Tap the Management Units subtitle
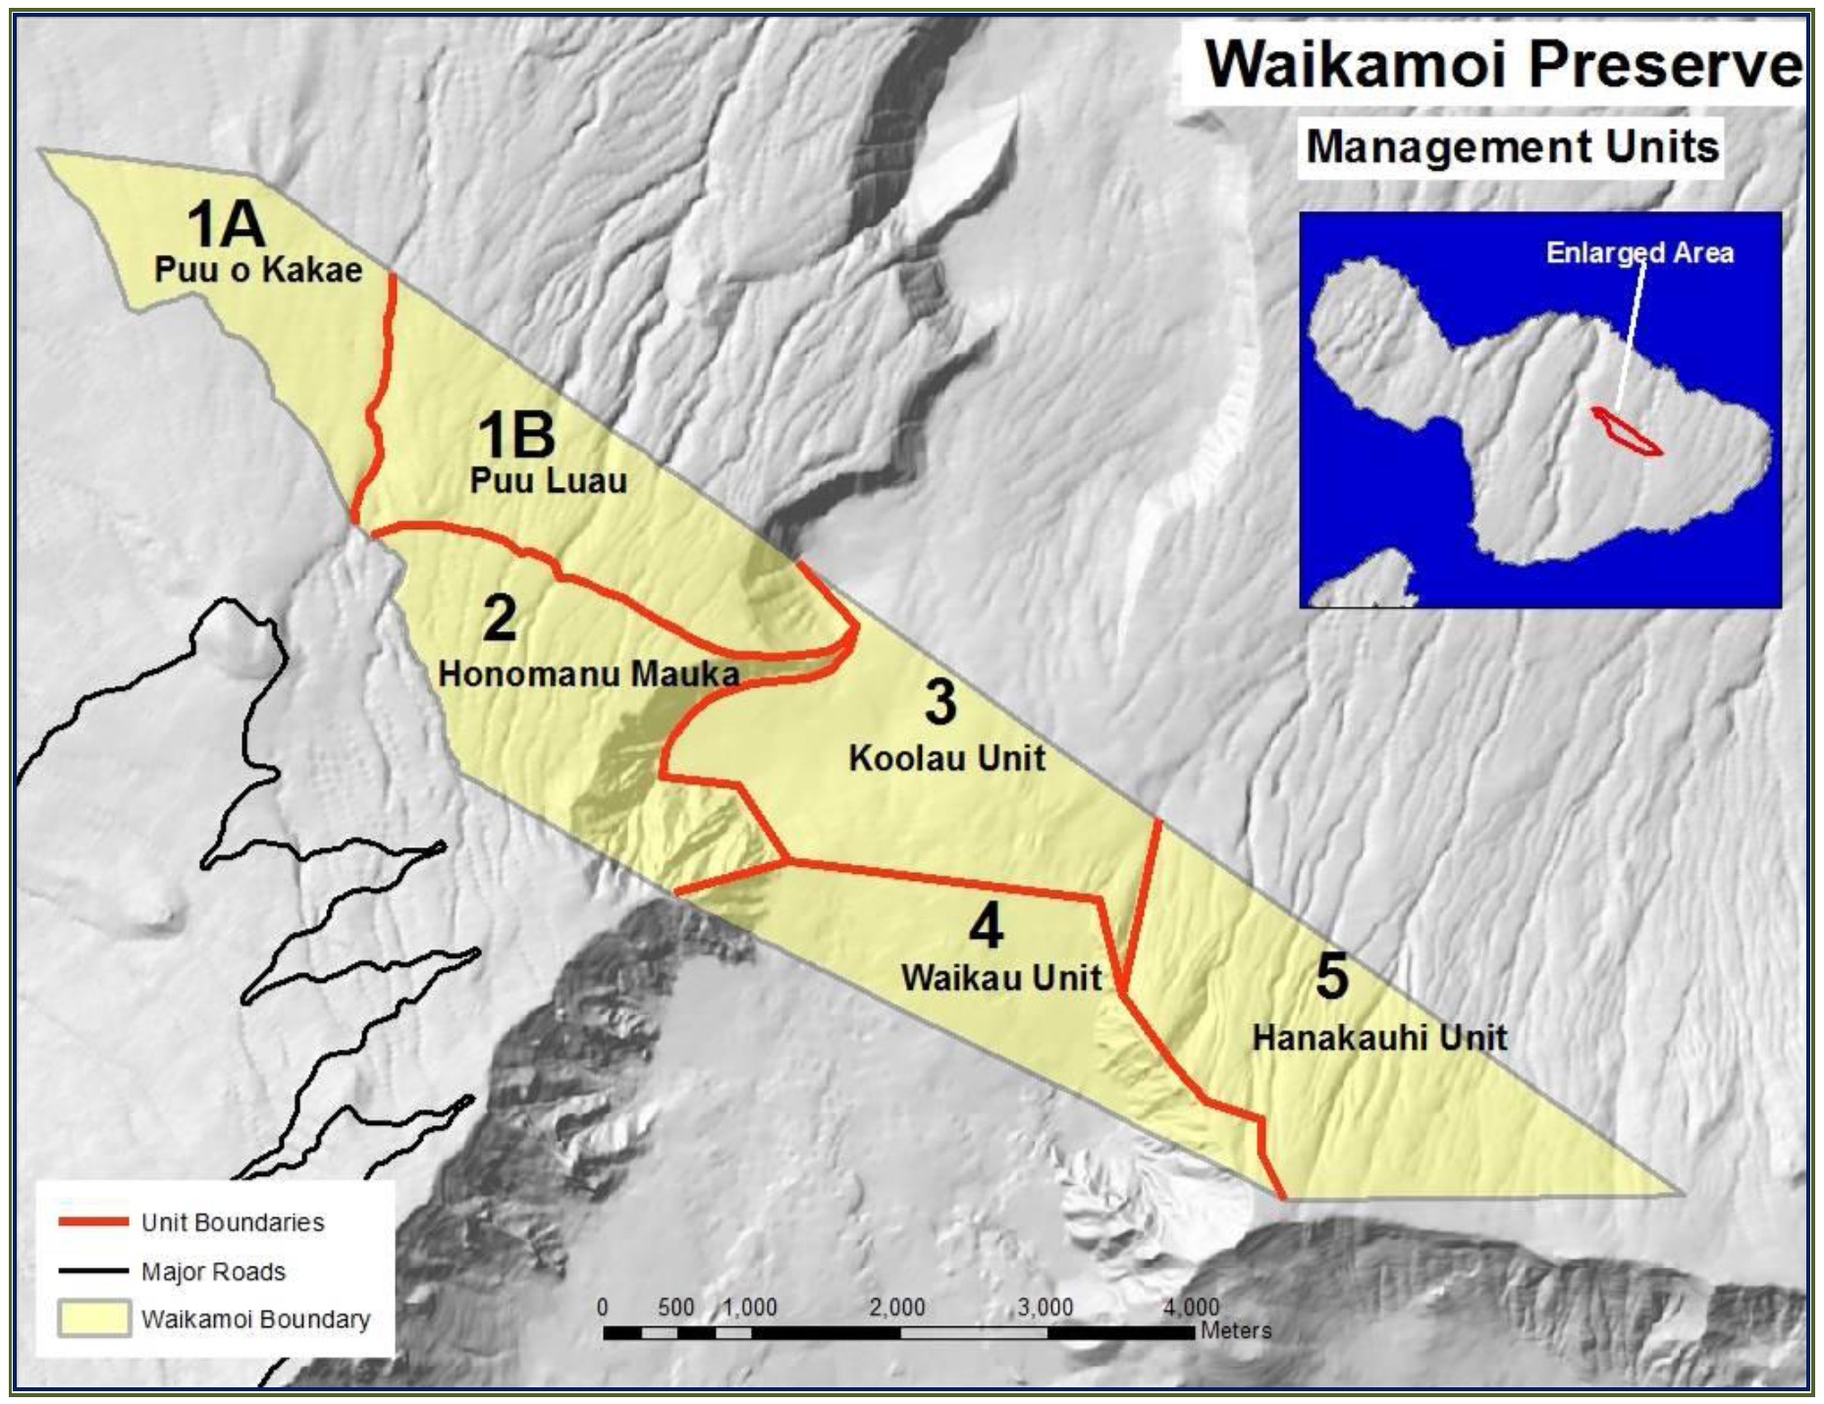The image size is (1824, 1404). [1512, 147]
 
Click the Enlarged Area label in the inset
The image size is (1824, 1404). [1639, 253]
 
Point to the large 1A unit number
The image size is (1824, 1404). [226, 224]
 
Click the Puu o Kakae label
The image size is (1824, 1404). [258, 270]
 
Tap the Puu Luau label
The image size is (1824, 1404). [548, 481]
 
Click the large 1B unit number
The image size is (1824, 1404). [516, 435]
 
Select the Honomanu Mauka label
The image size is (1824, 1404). [588, 674]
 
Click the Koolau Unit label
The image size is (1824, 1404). [946, 758]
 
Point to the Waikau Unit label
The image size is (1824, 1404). [1001, 978]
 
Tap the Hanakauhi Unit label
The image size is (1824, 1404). [1379, 1038]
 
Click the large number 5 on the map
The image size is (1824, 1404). [1331, 977]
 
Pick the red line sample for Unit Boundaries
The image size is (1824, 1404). [93, 1222]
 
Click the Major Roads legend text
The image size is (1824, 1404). [213, 1271]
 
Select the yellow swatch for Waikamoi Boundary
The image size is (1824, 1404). [93, 1319]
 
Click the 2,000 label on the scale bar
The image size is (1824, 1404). [896, 1308]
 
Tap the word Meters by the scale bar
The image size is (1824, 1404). [1235, 1331]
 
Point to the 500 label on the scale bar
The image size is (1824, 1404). [675, 1308]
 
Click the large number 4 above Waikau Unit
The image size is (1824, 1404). [986, 926]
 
